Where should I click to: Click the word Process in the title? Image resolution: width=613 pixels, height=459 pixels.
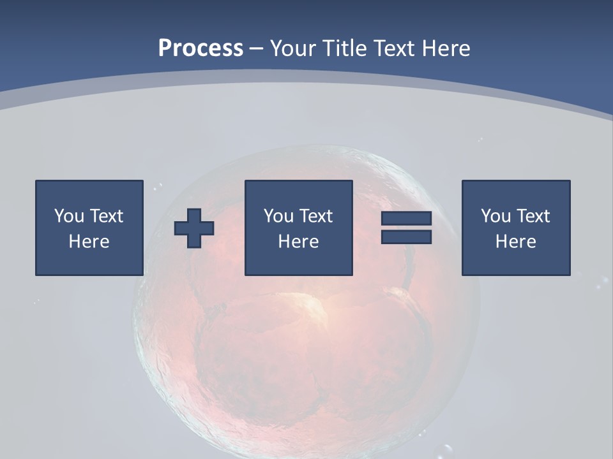201,48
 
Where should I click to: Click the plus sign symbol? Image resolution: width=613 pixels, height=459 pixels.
194,228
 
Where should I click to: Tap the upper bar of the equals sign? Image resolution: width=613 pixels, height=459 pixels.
407,219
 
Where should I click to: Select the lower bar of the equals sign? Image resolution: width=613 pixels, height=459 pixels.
407,237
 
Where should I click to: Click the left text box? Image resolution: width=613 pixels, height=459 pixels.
89,228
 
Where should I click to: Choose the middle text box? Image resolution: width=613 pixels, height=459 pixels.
299,228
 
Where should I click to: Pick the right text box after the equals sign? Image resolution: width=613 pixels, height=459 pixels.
516,228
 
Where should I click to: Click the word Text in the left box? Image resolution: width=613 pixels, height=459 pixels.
107,216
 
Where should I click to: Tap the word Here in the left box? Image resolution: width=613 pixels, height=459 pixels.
89,242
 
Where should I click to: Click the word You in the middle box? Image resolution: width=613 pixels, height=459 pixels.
278,216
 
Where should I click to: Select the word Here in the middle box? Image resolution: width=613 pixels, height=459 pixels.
299,242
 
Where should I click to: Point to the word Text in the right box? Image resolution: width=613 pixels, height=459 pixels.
534,216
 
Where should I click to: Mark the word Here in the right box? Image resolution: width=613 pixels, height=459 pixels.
516,242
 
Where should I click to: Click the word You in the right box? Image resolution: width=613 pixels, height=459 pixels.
496,216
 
